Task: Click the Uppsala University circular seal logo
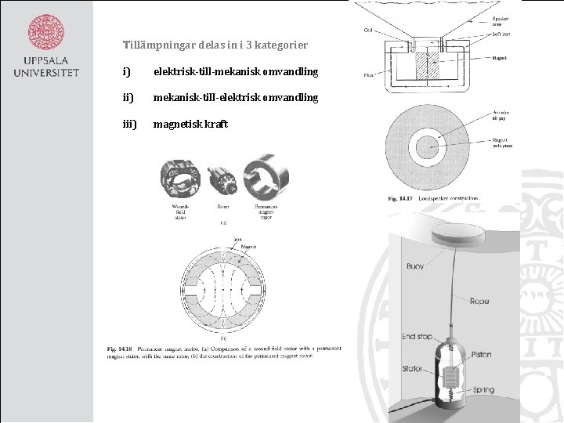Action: tap(46, 31)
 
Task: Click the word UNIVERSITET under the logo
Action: tap(46, 73)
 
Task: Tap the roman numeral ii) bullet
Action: tap(128, 98)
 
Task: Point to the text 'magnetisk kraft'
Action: tap(190, 125)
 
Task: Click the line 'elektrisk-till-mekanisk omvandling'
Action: tap(235, 72)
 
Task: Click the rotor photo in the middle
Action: tap(222, 181)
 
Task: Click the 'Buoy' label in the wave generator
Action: tap(415, 266)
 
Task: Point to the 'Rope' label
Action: tap(479, 301)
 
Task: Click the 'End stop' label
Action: tap(417, 337)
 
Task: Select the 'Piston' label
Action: tap(481, 355)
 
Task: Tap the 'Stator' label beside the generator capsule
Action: tap(412, 369)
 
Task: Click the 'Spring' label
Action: tap(483, 389)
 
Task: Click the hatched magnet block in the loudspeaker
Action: tap(429, 65)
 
